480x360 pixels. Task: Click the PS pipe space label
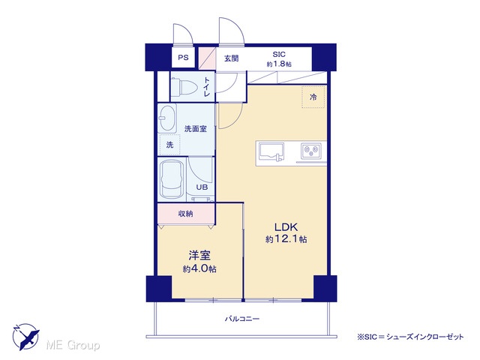[x=183, y=58]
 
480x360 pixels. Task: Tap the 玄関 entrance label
[x=232, y=58]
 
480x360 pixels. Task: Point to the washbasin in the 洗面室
[x=167, y=118]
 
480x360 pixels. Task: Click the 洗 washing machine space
[x=170, y=145]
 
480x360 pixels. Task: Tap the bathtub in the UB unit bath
[x=172, y=178]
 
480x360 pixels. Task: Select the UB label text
[x=202, y=187]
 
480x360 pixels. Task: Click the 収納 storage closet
[x=186, y=214]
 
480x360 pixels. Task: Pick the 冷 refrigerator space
[x=313, y=97]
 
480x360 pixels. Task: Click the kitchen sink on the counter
[x=271, y=151]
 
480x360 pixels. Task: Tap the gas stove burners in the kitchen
[x=310, y=151]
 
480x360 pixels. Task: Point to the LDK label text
[x=286, y=227]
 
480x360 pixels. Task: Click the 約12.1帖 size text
[x=286, y=239]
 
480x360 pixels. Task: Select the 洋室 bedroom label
[x=199, y=255]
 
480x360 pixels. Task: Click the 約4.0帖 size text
[x=199, y=268]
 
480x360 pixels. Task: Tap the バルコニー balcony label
[x=242, y=319]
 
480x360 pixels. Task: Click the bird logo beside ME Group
[x=25, y=337]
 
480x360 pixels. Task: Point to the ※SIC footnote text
[x=410, y=337]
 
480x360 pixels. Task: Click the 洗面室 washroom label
[x=196, y=129]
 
